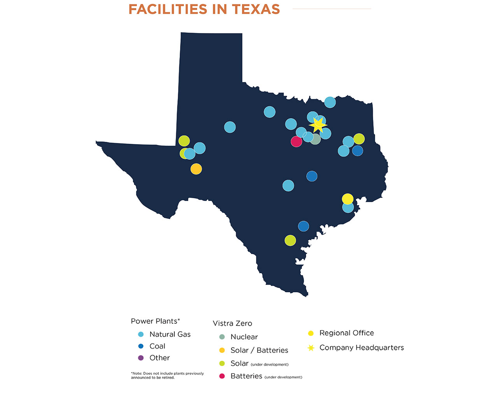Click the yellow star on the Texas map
point(318,125)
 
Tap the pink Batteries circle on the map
point(296,141)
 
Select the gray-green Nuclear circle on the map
point(316,139)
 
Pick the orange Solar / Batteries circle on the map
point(196,169)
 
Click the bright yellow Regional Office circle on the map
point(347,199)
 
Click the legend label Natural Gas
point(170,334)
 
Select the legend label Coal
point(157,346)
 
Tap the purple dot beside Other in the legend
point(141,358)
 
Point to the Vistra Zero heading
point(232,323)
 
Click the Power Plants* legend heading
point(155,321)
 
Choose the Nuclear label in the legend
point(244,337)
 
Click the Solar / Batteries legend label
point(259,350)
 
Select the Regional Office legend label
point(346,333)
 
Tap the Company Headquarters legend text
point(361,347)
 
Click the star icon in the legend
point(310,347)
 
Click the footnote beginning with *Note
point(167,375)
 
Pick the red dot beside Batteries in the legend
point(222,376)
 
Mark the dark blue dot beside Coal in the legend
point(141,346)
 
